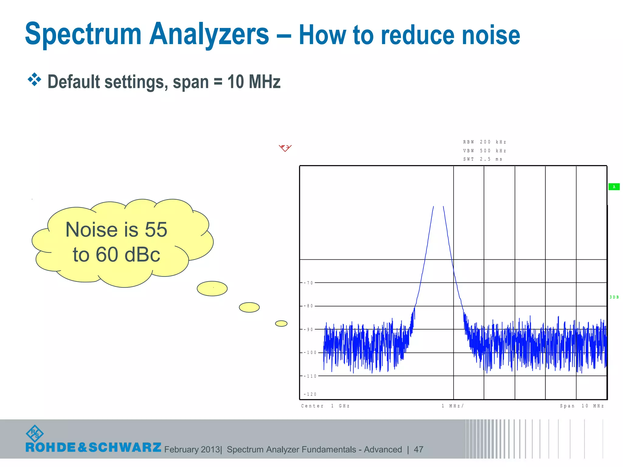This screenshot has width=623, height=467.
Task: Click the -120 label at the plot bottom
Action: pyautogui.click(x=310, y=394)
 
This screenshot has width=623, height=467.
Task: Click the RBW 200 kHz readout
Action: pyautogui.click(x=484, y=142)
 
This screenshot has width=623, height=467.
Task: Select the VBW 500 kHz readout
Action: pyautogui.click(x=484, y=151)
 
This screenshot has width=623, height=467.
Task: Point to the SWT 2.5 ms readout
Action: pyautogui.click(x=482, y=159)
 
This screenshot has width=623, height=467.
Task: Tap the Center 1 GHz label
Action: pyautogui.click(x=325, y=406)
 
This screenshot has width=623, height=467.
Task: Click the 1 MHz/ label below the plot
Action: pyautogui.click(x=453, y=406)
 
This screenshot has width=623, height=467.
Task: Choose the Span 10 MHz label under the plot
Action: pyautogui.click(x=582, y=406)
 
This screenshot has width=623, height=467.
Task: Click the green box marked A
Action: pyautogui.click(x=614, y=187)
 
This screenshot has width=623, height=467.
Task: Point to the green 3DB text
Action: pyautogui.click(x=614, y=297)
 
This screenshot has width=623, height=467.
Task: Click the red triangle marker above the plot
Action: pyautogui.click(x=285, y=148)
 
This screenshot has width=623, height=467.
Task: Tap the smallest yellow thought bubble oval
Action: pyautogui.click(x=281, y=323)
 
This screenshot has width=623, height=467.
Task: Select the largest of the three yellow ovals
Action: pyautogui.click(x=212, y=289)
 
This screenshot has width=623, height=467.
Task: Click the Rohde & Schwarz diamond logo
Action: pyautogui.click(x=35, y=434)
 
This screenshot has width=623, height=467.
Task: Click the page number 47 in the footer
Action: pyautogui.click(x=419, y=449)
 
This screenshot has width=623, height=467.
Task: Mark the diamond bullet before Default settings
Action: pyautogui.click(x=34, y=80)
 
